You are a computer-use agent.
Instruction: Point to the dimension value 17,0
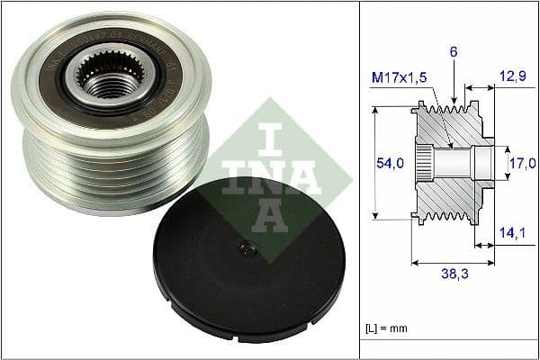pos(522,163)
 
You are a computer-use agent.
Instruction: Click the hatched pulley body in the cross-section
pos(454,193)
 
